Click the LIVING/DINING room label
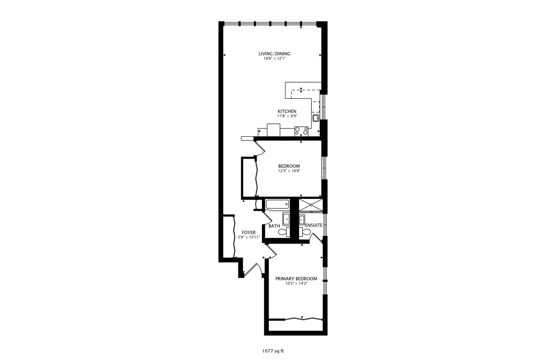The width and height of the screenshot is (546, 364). pyautogui.click(x=274, y=54)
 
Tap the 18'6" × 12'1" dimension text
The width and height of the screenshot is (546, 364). pyautogui.click(x=274, y=59)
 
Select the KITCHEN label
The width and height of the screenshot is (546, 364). pyautogui.click(x=287, y=112)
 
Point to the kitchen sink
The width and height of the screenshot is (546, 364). pyautogui.click(x=316, y=118)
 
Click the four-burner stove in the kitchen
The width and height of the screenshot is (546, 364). pyautogui.click(x=301, y=131)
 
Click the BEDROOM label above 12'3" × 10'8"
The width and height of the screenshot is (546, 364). pyautogui.click(x=289, y=166)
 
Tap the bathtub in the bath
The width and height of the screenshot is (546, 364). pyautogui.click(x=277, y=204)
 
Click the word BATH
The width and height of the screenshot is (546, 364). pyautogui.click(x=274, y=226)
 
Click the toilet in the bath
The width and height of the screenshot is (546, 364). pyautogui.click(x=283, y=232)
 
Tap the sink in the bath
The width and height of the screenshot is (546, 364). pyautogui.click(x=286, y=219)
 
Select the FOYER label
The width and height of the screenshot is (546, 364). pyautogui.click(x=248, y=233)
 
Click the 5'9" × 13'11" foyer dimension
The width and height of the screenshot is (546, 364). pyautogui.click(x=248, y=237)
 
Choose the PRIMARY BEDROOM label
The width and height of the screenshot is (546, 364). pyautogui.click(x=296, y=279)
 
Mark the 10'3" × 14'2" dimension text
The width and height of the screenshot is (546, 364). pyautogui.click(x=296, y=284)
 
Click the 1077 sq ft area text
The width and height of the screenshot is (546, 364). pyautogui.click(x=273, y=351)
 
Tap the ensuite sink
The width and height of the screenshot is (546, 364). pyautogui.click(x=302, y=219)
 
